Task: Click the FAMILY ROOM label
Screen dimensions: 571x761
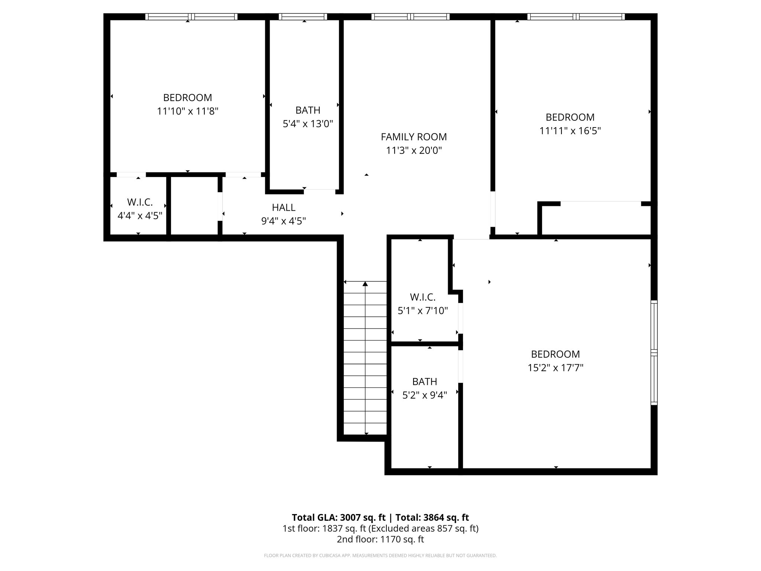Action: coord(414,137)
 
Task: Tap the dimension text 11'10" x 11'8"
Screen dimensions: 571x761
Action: coord(187,111)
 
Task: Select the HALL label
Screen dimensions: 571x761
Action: coord(284,207)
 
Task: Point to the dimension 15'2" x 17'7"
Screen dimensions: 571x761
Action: coord(555,368)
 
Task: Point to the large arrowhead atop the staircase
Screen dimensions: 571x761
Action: coord(365,284)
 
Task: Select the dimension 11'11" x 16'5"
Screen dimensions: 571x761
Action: coord(570,131)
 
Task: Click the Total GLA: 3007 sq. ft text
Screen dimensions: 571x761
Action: coord(339,517)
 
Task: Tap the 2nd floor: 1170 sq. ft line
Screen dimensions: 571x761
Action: coord(380,539)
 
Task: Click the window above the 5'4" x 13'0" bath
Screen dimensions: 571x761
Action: coord(303,17)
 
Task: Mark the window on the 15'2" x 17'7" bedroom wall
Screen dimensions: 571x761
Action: coord(654,352)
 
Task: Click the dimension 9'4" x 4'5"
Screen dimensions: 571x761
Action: coord(284,221)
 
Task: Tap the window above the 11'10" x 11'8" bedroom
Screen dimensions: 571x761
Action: coord(191,17)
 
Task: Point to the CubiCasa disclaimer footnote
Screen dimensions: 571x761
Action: coord(380,555)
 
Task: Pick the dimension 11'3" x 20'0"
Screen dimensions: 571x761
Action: coord(414,151)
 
